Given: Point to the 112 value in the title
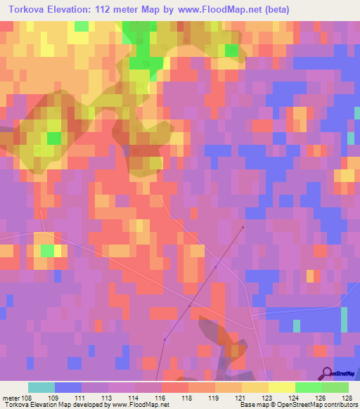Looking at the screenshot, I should pyautogui.click(x=105, y=10).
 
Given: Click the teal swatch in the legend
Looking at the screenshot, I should pyautogui.click(x=41, y=387).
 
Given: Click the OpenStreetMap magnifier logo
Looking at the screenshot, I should pyautogui.click(x=328, y=374).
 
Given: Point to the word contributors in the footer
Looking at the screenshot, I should pyautogui.click(x=337, y=405).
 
